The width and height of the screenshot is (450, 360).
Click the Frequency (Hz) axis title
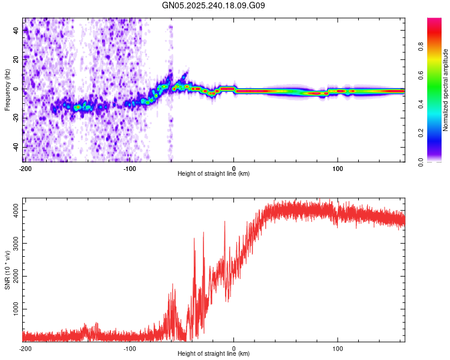click(x=7, y=90)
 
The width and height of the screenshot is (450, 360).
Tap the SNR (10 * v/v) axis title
click(x=7, y=270)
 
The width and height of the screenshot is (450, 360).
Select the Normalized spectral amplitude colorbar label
click(x=446, y=90)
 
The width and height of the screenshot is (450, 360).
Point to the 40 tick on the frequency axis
click(x=16, y=30)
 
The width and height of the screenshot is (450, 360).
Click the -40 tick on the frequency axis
click(x=14, y=147)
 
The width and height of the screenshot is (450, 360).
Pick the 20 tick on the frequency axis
click(x=16, y=59)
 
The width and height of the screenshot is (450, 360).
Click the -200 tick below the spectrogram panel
click(x=25, y=168)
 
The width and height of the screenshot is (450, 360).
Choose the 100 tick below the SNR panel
click(x=338, y=348)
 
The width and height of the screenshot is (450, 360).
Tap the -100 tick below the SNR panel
click(x=130, y=348)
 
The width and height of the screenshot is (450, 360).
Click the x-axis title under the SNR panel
click(x=214, y=354)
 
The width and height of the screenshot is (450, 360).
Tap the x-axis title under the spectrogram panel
click(x=214, y=174)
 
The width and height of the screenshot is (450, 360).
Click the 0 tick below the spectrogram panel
click(x=234, y=168)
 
